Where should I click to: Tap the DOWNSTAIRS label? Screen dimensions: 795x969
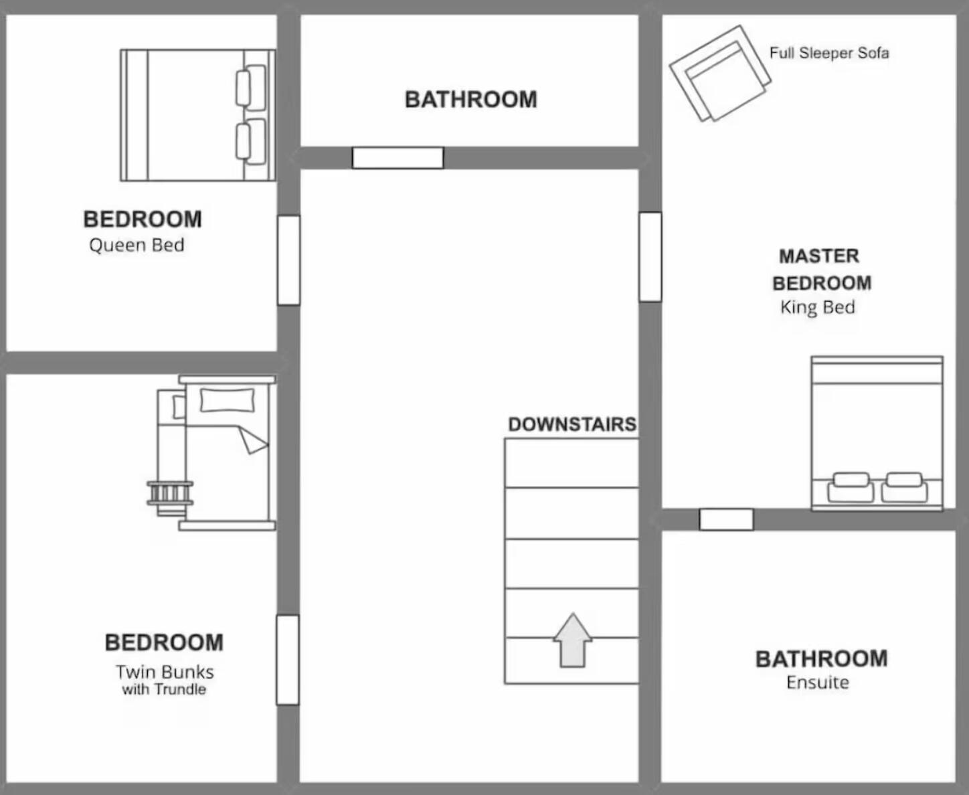(x=572, y=424)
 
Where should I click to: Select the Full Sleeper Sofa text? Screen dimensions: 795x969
(x=828, y=53)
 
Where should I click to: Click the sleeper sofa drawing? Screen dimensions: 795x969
(x=719, y=74)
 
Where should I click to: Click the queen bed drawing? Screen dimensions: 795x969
(x=197, y=115)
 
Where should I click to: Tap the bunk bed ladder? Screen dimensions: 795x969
(x=170, y=493)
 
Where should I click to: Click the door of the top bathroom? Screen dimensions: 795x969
(x=398, y=158)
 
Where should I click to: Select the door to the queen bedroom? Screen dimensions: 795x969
(x=288, y=260)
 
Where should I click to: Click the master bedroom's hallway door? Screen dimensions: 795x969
(x=650, y=257)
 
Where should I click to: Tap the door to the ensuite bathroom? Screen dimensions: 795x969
(x=726, y=519)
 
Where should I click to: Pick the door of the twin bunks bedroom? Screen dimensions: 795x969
(x=288, y=660)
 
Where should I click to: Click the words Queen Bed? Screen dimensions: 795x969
(x=137, y=245)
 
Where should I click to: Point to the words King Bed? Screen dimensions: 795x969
(x=817, y=307)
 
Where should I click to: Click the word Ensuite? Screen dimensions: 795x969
(x=817, y=683)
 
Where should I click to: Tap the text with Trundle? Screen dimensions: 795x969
(x=164, y=689)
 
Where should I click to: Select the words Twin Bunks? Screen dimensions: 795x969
(x=165, y=672)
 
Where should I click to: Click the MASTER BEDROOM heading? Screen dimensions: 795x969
(x=821, y=270)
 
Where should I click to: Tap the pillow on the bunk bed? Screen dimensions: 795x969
(x=227, y=400)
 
